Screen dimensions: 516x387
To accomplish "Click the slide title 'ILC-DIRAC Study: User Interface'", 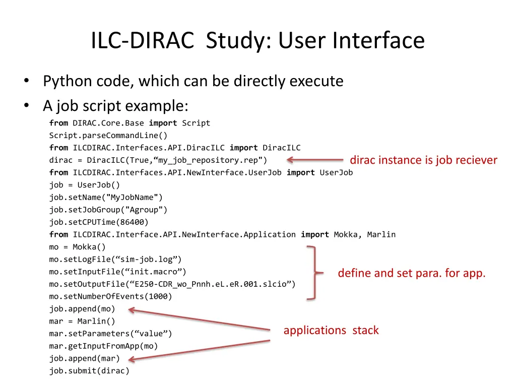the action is point(257,41).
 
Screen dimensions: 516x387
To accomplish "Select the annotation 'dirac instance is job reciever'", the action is point(423,160).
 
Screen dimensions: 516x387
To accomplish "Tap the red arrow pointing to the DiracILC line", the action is point(315,160).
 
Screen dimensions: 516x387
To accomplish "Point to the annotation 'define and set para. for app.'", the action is point(411,273).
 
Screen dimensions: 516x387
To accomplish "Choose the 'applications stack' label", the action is point(331,331).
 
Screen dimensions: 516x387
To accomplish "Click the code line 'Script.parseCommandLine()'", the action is point(108,136).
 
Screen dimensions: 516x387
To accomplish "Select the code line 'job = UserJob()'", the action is point(85,185).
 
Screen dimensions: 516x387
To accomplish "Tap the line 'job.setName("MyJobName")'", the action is point(106,198).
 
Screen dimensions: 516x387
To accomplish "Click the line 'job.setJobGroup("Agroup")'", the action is point(108,210).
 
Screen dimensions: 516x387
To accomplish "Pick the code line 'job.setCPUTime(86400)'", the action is point(99,222).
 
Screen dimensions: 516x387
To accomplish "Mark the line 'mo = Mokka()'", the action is point(78,247).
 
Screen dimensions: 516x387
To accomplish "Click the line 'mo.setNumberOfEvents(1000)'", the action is point(110,296).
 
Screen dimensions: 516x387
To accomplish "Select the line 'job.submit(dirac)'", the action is point(89,371).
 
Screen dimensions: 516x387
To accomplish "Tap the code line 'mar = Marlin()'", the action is point(82,321).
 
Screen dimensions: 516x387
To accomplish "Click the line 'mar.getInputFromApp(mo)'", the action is point(103,346).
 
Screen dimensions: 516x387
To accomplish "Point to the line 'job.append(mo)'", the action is point(82,309).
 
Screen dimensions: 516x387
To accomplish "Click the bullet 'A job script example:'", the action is point(115,106).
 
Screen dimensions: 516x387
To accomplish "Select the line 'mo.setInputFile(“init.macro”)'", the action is point(117,272).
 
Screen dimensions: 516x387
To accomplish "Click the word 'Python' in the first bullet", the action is point(68,81).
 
